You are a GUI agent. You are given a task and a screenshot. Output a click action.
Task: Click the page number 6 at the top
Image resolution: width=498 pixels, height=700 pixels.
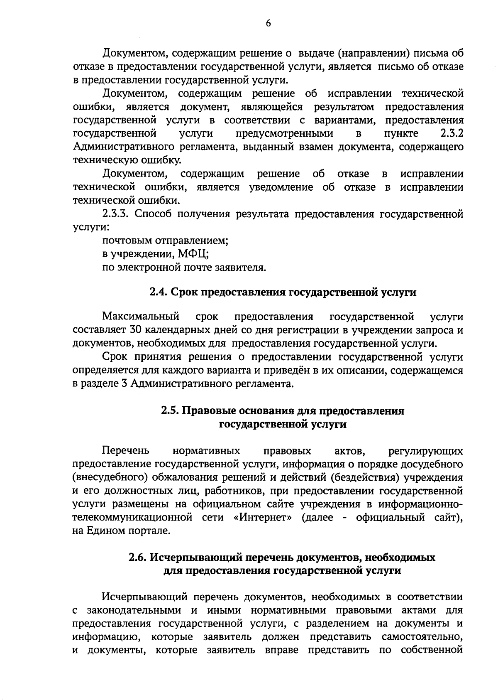pos(268,24)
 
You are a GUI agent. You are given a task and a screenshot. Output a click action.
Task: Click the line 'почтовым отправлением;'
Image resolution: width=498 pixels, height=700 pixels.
pos(166,241)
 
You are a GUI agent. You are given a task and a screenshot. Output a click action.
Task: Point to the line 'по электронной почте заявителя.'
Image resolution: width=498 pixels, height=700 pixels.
pos(184,267)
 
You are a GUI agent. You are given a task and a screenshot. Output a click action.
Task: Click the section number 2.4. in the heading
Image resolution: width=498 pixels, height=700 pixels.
pos(158,292)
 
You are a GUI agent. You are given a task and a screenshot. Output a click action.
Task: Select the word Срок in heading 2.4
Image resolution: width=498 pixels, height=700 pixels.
pos(184,292)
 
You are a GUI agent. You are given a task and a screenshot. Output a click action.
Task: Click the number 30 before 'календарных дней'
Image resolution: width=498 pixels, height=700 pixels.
pos(136,330)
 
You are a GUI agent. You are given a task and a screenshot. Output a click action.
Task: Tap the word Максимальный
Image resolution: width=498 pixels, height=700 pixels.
pos(141,317)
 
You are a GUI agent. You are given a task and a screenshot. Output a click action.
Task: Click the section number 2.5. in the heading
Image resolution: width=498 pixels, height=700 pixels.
pos(170,411)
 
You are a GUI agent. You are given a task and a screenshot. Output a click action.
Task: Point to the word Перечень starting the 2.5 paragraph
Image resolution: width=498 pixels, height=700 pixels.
pos(126,451)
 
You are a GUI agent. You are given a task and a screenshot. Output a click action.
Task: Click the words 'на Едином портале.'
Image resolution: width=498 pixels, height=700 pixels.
pos(122,531)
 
